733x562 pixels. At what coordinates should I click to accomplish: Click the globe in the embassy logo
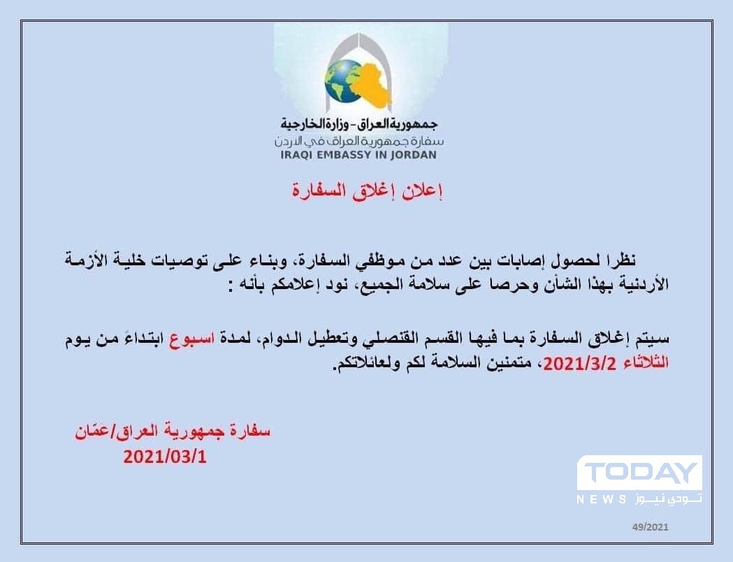tap(344, 80)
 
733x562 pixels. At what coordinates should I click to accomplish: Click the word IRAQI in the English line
tap(297, 154)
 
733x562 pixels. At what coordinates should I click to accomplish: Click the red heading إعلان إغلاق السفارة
tap(368, 191)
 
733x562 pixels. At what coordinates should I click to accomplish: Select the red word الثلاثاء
tap(646, 362)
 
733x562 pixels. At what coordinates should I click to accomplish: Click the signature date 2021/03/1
tap(164, 457)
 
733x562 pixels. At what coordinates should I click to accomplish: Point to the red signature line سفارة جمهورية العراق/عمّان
tap(173, 431)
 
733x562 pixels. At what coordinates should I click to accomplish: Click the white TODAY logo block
tap(639, 473)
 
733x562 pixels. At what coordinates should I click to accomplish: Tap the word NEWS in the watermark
tap(602, 499)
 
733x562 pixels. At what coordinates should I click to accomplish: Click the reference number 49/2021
tap(651, 527)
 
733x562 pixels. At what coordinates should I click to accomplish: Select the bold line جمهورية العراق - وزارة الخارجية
tap(359, 124)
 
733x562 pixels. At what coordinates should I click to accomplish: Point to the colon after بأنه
tap(231, 286)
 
